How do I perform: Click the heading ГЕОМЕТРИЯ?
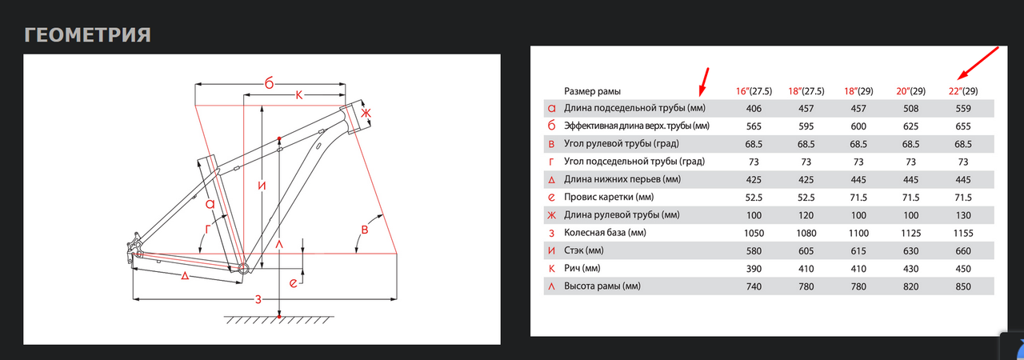pyautogui.click(x=88, y=35)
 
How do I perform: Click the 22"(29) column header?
pyautogui.click(x=962, y=91)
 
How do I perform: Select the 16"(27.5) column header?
pyautogui.click(x=754, y=91)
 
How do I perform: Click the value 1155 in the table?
pyautogui.click(x=962, y=233)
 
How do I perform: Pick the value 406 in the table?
pyautogui.click(x=754, y=109)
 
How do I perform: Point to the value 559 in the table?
pyautogui.click(x=962, y=109)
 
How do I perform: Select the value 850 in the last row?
pyautogui.click(x=962, y=286)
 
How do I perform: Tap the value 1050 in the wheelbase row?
pyautogui.click(x=754, y=233)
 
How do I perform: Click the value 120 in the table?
pyautogui.click(x=806, y=215)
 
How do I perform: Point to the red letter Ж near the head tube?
pyautogui.click(x=366, y=114)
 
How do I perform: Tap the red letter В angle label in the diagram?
pyautogui.click(x=366, y=230)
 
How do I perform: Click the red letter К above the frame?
pyautogui.click(x=298, y=96)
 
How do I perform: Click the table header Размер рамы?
pyautogui.click(x=592, y=91)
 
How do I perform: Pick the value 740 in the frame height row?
pyautogui.click(x=754, y=286)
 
